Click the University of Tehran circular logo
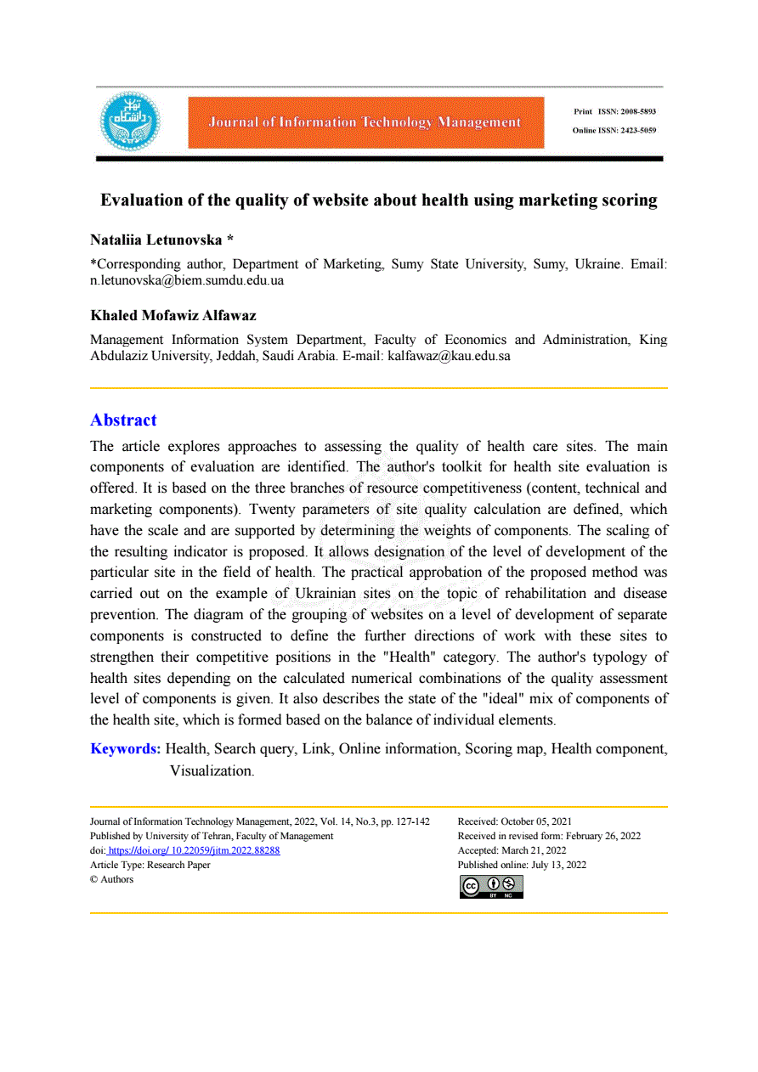[130, 122]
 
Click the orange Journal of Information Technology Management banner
[365, 122]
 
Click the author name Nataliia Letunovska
[156, 240]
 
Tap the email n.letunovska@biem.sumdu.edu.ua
[187, 280]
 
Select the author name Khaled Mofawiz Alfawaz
[173, 315]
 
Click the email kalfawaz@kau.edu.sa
[449, 357]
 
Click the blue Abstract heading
[123, 420]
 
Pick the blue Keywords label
[126, 748]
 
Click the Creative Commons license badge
[491, 886]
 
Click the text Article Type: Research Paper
[150, 865]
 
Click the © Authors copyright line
[112, 879]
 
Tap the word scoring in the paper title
[625, 200]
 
